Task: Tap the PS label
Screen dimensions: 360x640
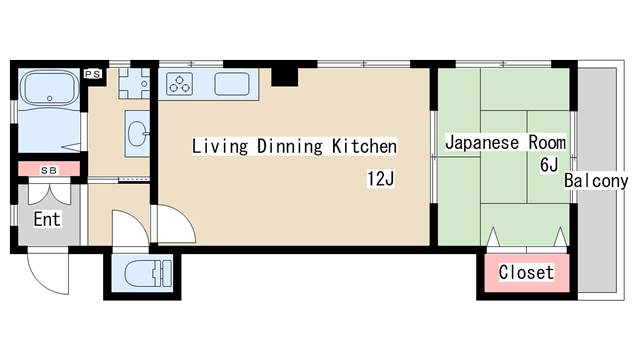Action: click(x=93, y=73)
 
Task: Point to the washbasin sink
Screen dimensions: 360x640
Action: click(x=137, y=131)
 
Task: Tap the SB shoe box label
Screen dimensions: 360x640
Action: click(x=49, y=170)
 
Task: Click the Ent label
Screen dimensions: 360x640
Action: click(x=46, y=218)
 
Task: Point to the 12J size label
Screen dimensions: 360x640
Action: click(x=381, y=180)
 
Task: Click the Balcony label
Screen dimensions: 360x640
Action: click(x=596, y=181)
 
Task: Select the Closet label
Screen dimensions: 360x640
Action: click(x=526, y=272)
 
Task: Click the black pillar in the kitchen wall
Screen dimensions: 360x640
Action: click(x=286, y=74)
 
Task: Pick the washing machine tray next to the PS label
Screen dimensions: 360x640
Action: click(x=133, y=81)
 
